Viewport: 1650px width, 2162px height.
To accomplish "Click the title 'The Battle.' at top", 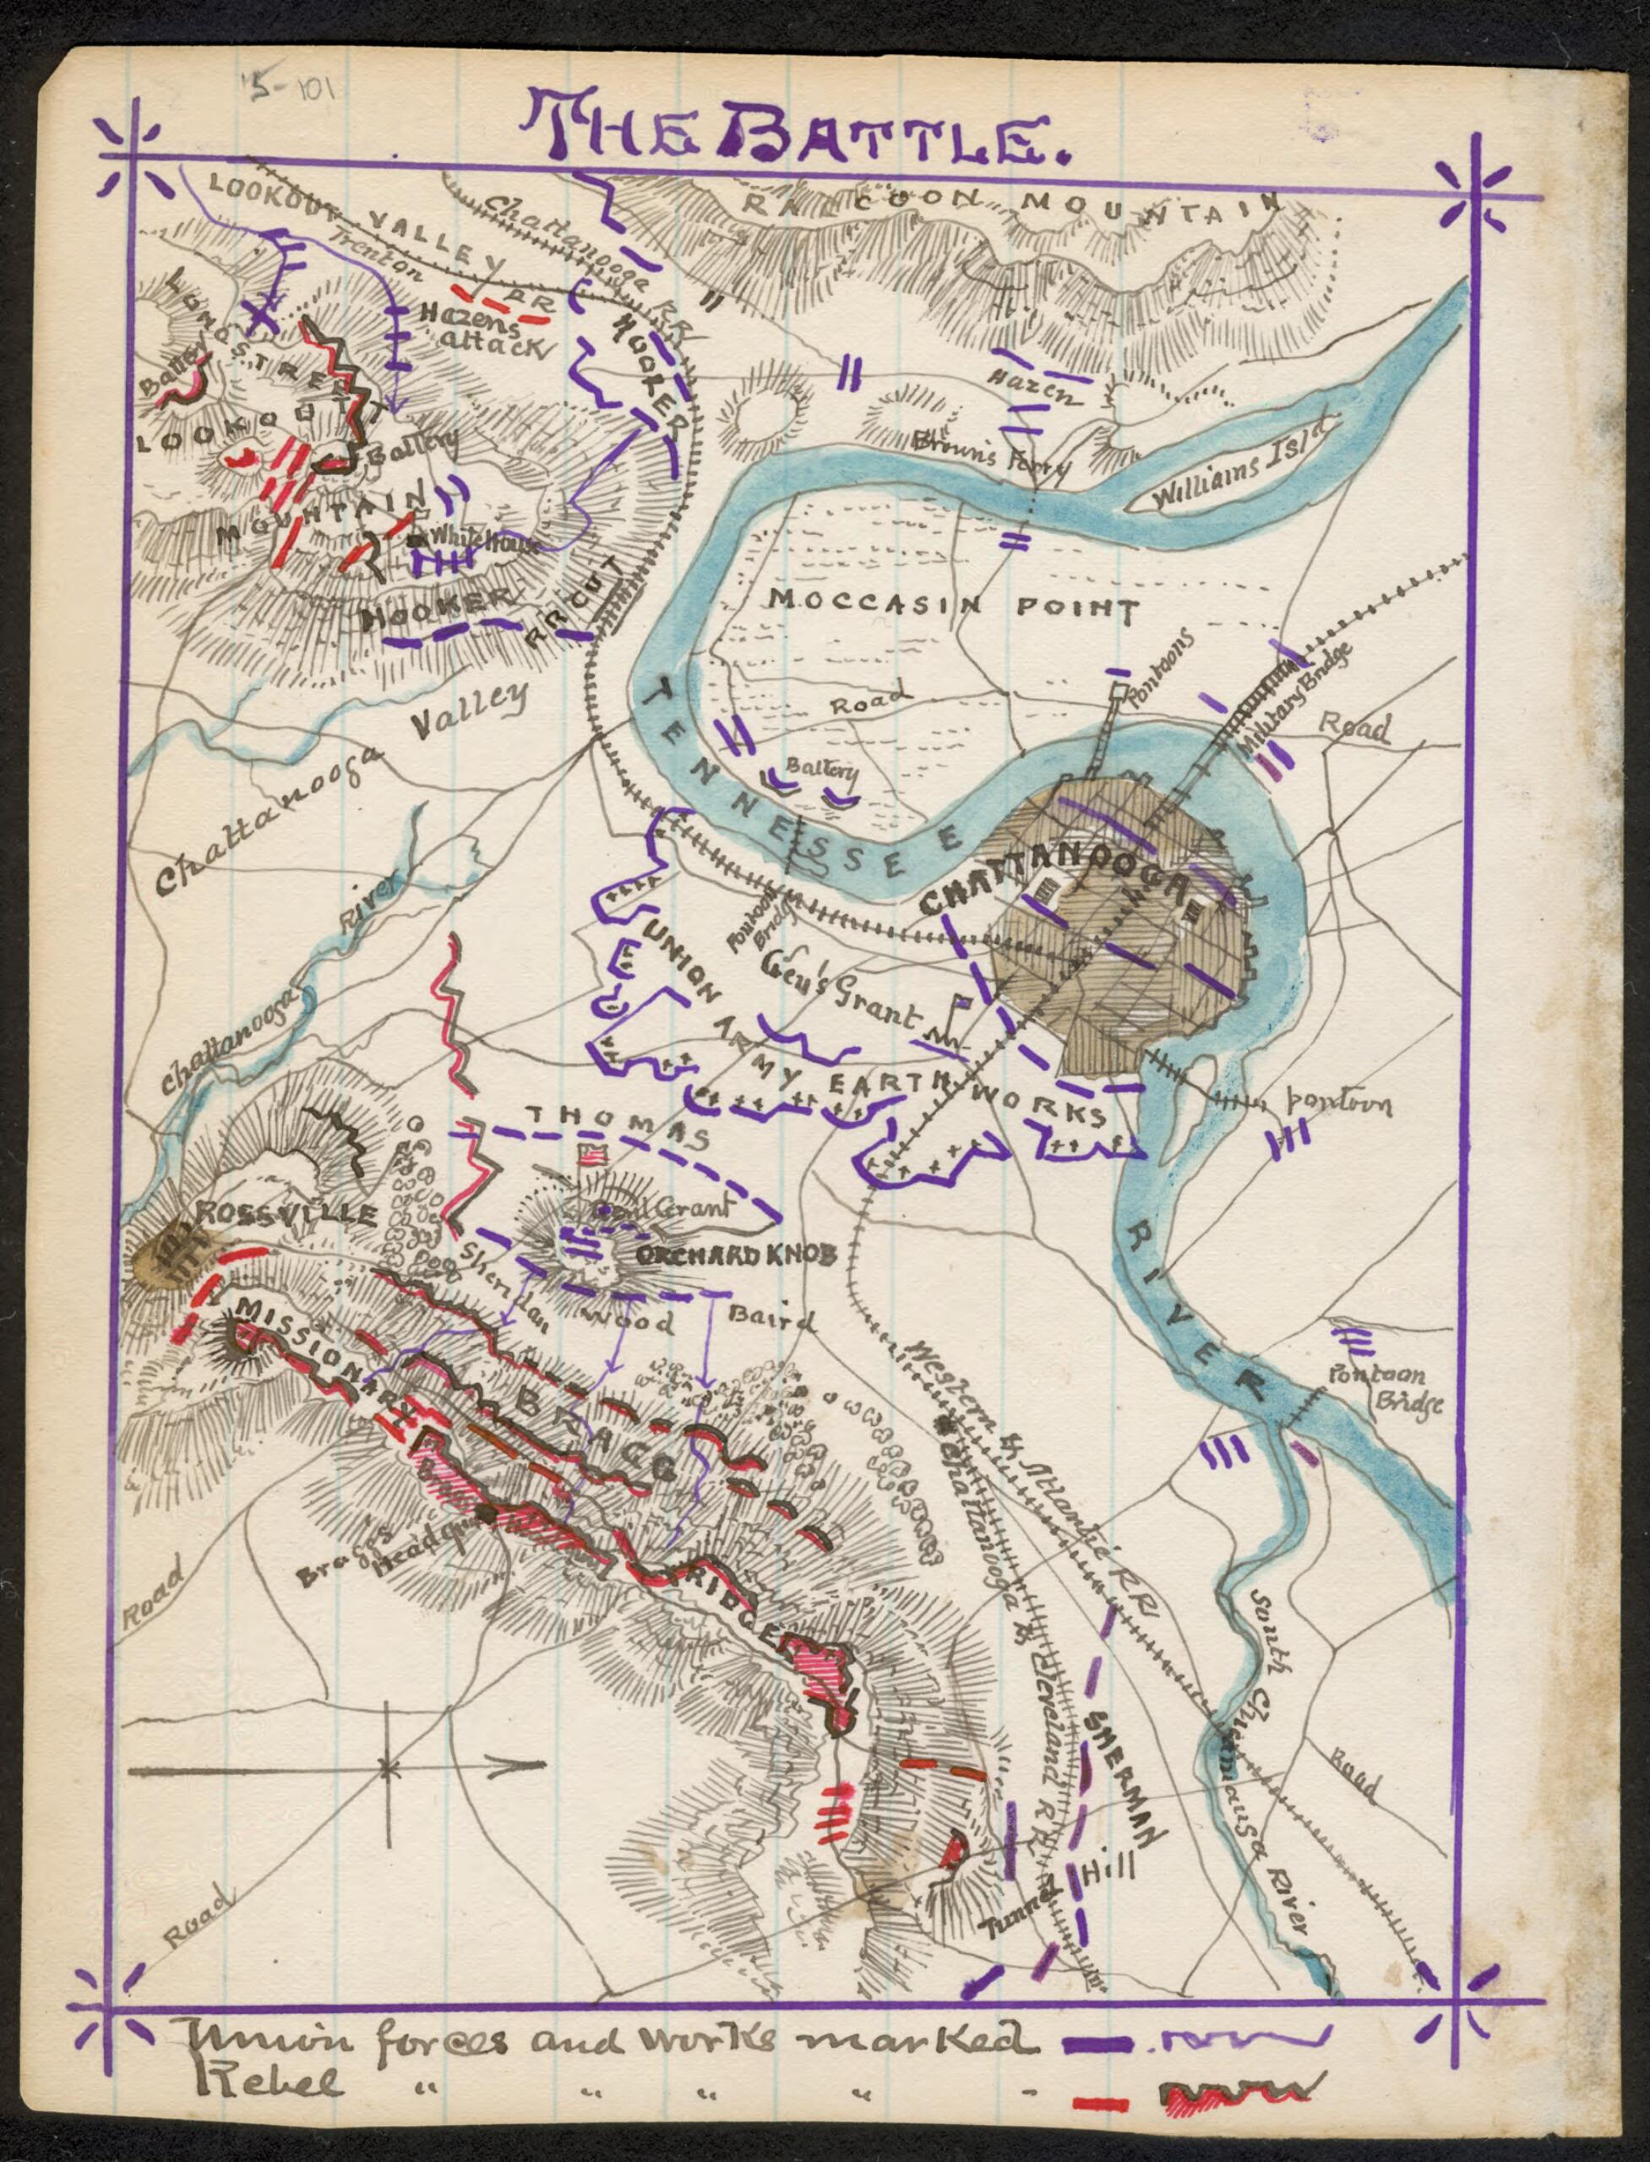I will point(796,128).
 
